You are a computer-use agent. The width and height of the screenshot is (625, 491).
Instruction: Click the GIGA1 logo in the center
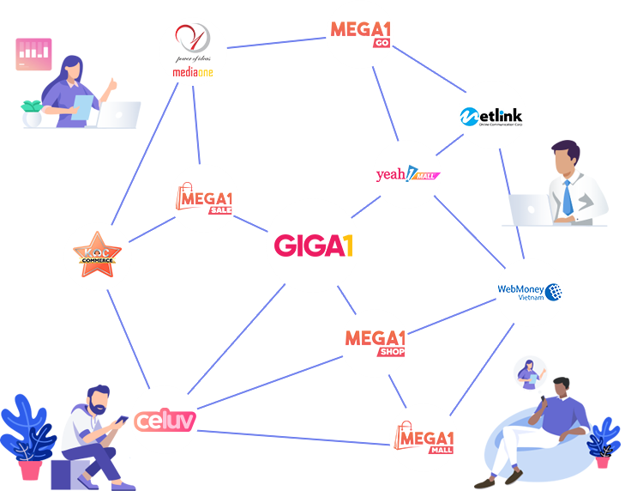(x=314, y=246)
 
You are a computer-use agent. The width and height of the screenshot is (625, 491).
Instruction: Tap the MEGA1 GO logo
(x=362, y=32)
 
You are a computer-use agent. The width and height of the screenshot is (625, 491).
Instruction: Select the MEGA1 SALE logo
(x=203, y=199)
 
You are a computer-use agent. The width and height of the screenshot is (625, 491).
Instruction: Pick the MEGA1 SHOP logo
(x=375, y=341)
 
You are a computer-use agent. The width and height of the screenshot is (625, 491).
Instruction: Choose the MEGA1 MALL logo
(x=424, y=437)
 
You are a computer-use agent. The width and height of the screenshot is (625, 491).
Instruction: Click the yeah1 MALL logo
(x=408, y=175)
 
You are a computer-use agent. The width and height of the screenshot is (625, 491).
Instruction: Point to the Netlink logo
(x=491, y=116)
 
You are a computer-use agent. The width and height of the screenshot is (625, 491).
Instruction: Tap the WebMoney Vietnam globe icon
(x=554, y=292)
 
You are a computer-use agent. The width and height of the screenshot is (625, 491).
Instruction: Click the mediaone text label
(x=192, y=73)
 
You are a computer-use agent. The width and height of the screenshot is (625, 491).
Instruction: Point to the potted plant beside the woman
(x=32, y=113)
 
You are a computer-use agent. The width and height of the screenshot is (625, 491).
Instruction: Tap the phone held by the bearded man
(x=120, y=421)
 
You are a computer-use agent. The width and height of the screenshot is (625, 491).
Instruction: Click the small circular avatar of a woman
(x=529, y=374)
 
